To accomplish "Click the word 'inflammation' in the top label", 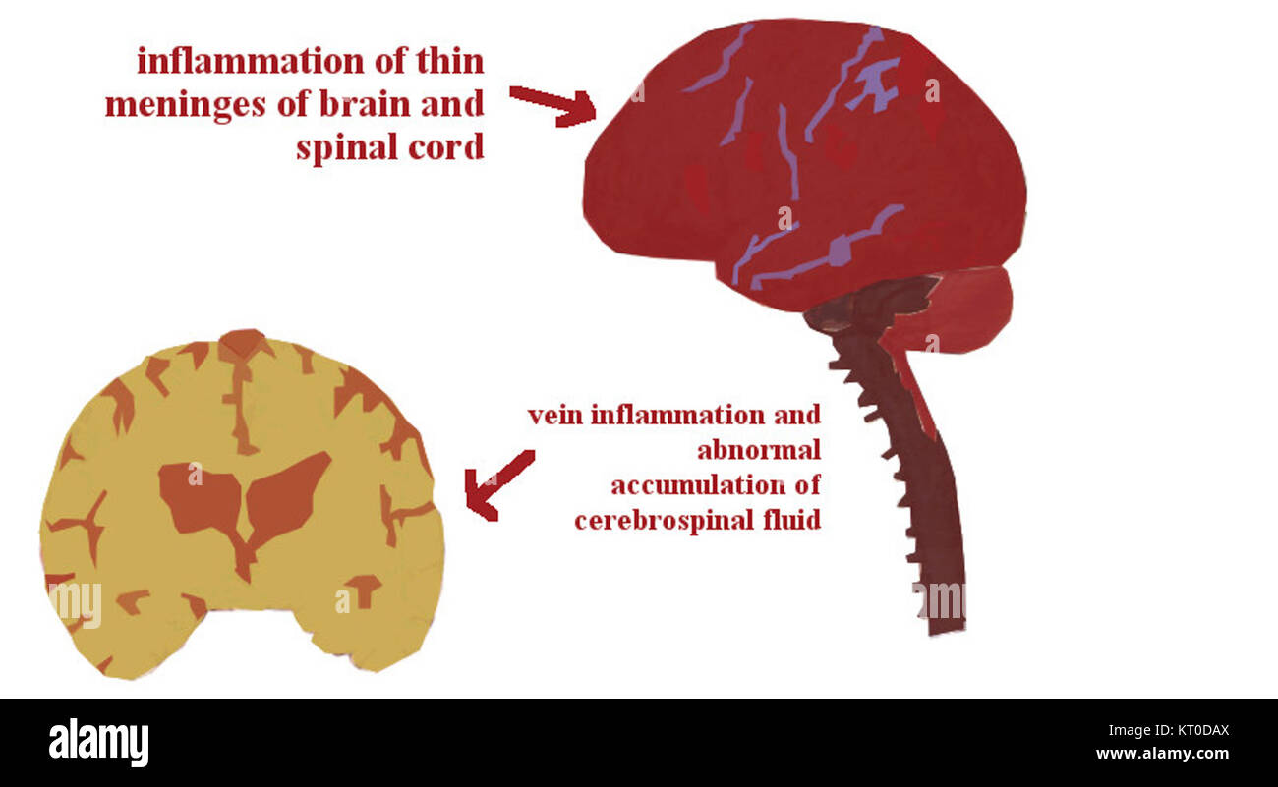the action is [251, 61].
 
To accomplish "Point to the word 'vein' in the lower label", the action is [555, 416].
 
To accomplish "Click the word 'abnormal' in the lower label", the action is [759, 451].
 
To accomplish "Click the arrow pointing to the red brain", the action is [552, 105].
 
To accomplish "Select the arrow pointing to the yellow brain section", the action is [496, 484].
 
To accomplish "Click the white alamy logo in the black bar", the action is [98, 742].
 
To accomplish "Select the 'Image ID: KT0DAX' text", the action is [1169, 731].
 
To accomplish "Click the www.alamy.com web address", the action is [1162, 754].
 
